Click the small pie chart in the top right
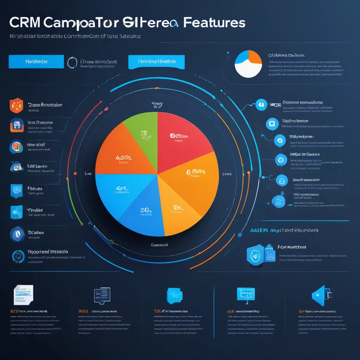(248, 64)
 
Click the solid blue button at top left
(36, 62)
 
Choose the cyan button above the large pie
(156, 62)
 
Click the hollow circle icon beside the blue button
(72, 62)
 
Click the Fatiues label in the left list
(35, 188)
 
